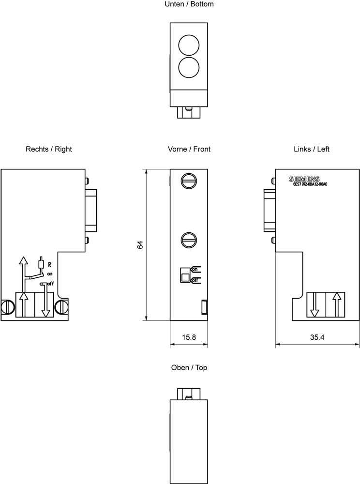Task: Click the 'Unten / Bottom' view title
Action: (189, 4)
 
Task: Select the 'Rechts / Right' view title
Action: (49, 149)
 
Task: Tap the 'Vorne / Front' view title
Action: (189, 149)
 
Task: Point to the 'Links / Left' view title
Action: (311, 149)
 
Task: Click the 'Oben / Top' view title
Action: (189, 368)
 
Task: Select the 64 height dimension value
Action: (140, 244)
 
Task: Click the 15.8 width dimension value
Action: (188, 337)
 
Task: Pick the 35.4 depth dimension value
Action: (317, 337)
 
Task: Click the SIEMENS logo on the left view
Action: (304, 179)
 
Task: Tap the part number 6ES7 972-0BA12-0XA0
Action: (310, 184)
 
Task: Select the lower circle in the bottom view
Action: (189, 67)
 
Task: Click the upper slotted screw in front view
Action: (189, 181)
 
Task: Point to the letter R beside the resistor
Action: (49, 265)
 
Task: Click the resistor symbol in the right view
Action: (42, 264)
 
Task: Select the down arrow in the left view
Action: (315, 305)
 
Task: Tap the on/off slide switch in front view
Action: (185, 274)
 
